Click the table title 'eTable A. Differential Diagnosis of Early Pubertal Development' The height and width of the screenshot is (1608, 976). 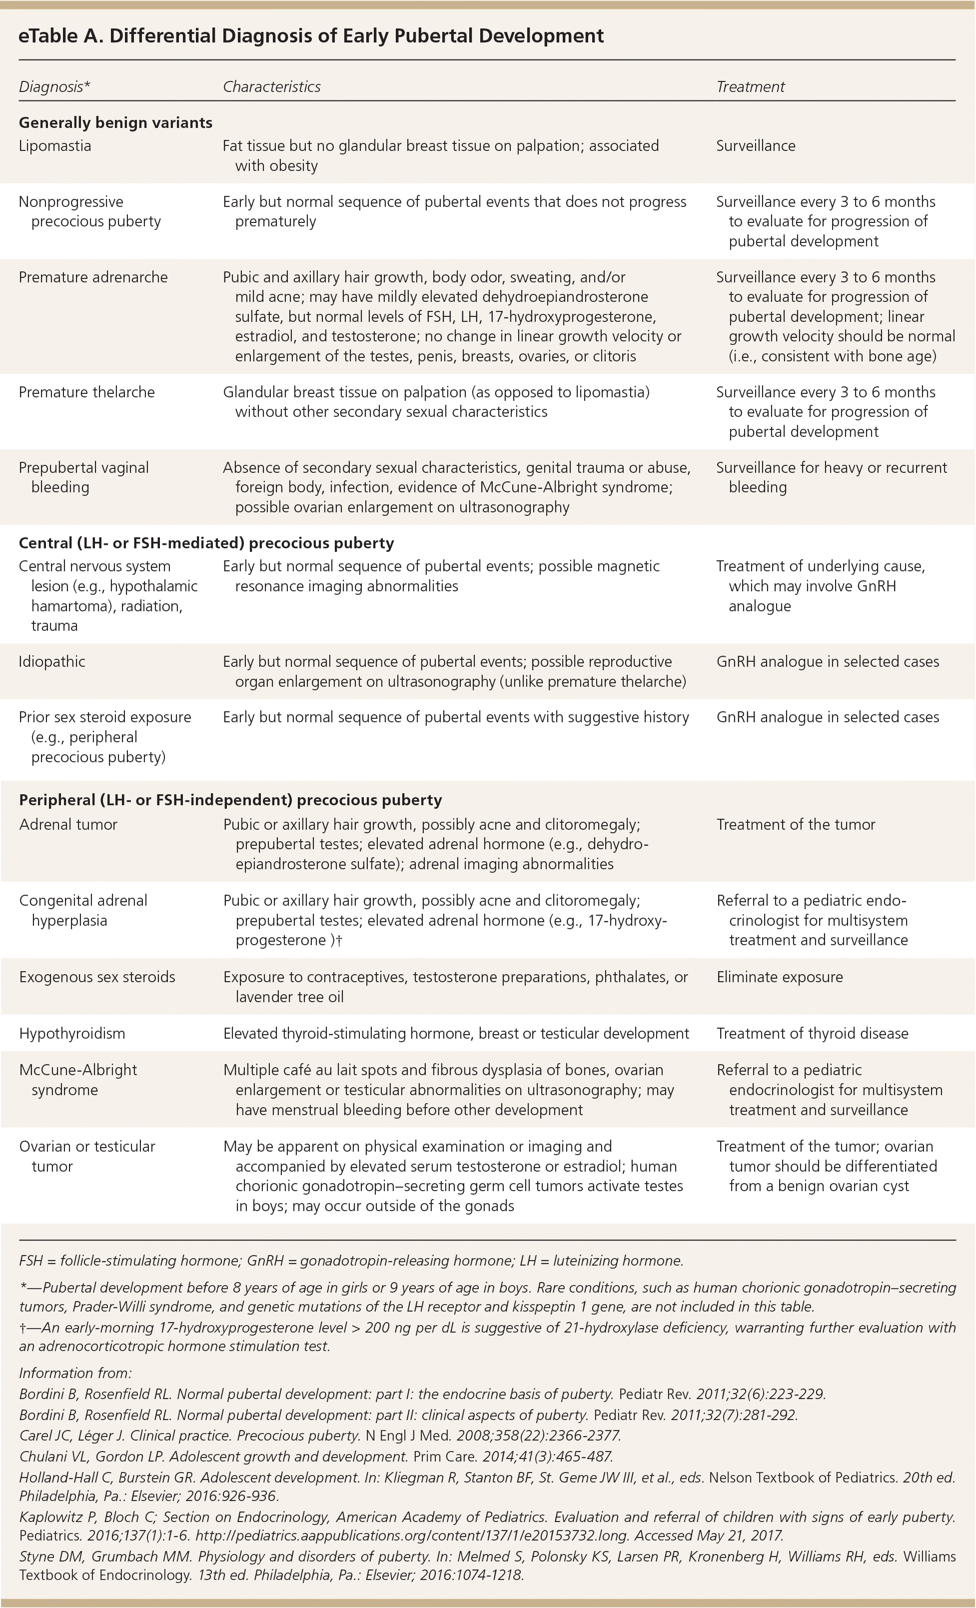[311, 36]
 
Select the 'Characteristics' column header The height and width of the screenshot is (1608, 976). [271, 87]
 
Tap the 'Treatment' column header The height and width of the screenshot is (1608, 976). [750, 87]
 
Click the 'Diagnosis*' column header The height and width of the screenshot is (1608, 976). [51, 87]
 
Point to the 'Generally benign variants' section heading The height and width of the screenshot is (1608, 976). [115, 122]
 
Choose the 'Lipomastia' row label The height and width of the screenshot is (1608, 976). [55, 145]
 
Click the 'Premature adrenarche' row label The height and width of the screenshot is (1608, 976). [93, 277]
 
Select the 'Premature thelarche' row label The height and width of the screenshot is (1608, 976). [87, 392]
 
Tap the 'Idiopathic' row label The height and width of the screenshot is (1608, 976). [52, 662]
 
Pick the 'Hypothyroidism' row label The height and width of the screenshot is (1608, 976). [72, 1034]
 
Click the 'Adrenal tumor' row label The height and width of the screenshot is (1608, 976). [68, 824]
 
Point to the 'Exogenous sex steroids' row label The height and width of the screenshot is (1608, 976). [97, 977]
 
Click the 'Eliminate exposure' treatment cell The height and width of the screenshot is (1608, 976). [780, 977]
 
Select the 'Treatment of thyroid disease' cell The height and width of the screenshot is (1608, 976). [812, 1034]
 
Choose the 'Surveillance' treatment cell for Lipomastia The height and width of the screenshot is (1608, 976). [756, 145]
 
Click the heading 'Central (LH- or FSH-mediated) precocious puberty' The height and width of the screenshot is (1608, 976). [206, 543]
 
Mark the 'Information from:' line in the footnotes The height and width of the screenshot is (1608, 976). [75, 1373]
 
